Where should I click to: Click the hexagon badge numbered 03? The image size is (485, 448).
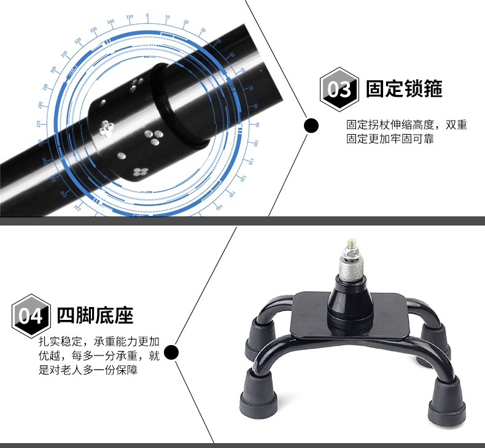(339, 89)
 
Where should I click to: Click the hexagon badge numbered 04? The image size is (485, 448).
(31, 316)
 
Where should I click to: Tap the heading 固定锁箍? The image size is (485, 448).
(404, 89)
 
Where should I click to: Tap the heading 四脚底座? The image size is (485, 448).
(95, 315)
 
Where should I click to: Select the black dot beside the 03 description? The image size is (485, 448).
(311, 126)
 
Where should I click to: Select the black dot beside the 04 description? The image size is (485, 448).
(171, 352)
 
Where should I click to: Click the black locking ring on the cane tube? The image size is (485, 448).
(181, 105)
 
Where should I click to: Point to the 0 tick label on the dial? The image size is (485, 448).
(147, 15)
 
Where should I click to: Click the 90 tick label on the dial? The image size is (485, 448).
(257, 125)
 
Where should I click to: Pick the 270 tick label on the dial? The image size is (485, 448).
(38, 124)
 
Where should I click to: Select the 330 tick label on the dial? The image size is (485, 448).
(93, 30)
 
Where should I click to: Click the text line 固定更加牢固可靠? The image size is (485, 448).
(390, 139)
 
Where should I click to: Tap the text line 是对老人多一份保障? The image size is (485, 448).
(88, 370)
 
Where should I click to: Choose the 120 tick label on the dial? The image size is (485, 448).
(243, 178)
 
